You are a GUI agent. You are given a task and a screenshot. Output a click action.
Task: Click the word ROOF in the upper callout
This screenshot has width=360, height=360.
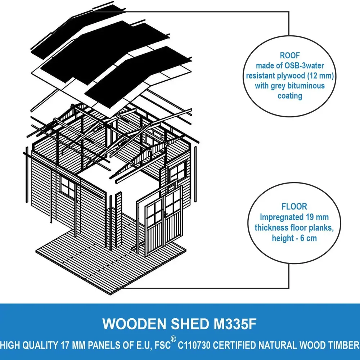[290, 55]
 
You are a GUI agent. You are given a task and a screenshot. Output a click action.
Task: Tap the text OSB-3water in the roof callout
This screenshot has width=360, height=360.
[304, 66]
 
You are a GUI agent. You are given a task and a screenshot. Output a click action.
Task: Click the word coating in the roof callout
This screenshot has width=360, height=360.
[290, 96]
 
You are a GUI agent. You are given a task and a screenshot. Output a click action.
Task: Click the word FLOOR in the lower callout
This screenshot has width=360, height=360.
[294, 206]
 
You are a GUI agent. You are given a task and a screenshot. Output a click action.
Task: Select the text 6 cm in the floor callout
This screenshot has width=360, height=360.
[309, 238]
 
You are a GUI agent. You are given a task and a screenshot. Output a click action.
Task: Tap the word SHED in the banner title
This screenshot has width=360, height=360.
[190, 324]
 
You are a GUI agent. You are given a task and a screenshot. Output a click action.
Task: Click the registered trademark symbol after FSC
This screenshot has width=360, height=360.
[174, 339]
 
